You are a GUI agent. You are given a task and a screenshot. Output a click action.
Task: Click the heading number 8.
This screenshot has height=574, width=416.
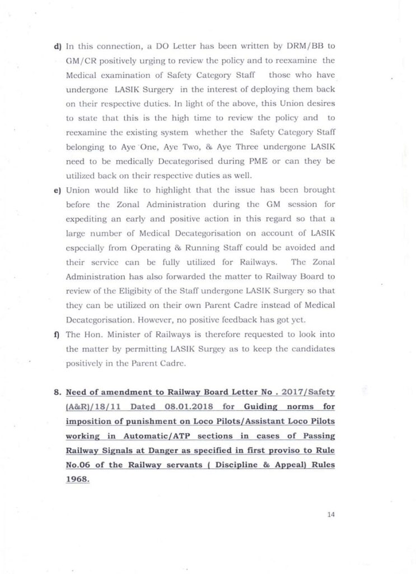(x=57, y=391)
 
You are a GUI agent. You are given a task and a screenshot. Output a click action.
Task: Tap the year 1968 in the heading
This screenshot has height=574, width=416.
(x=77, y=479)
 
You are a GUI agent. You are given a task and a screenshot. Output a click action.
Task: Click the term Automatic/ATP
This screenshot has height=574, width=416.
(x=148, y=435)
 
